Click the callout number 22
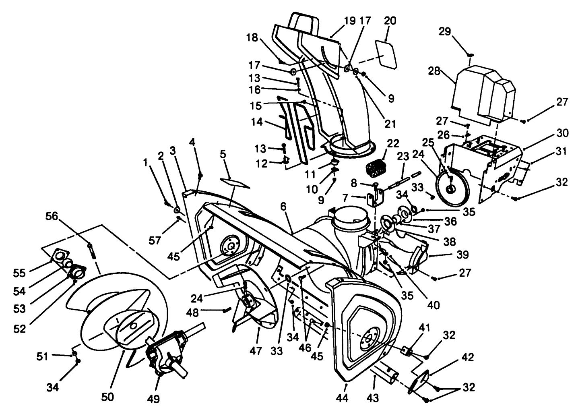(392, 144)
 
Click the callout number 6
(283, 206)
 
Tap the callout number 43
(373, 398)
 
